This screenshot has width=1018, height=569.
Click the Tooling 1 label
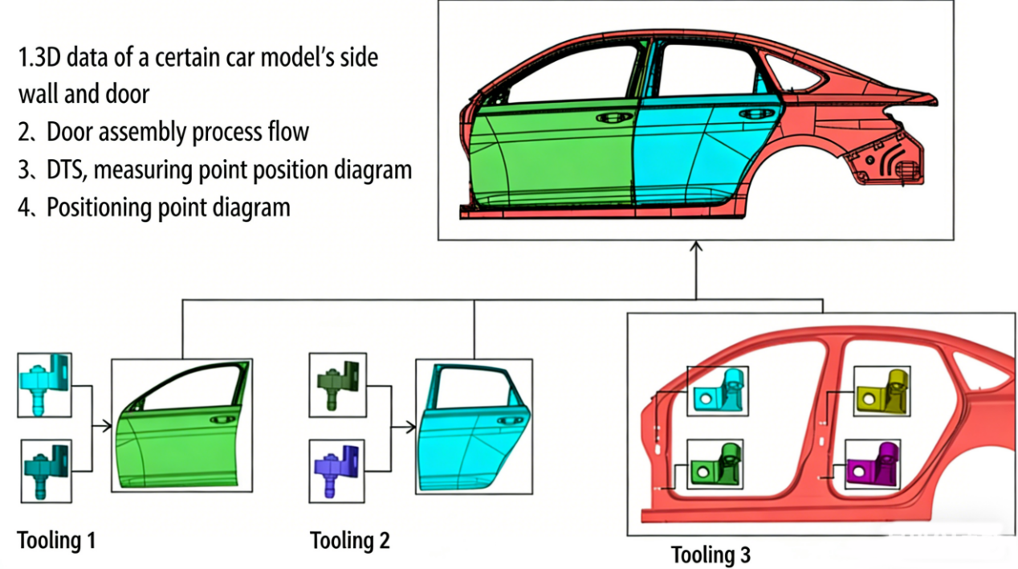point(57,540)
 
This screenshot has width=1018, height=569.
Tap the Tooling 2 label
point(350,540)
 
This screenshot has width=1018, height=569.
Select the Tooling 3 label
point(711,554)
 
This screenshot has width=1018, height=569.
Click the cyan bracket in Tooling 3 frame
point(719,391)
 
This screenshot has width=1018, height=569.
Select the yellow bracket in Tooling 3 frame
point(882,391)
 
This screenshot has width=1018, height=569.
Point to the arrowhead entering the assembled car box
point(696,246)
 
